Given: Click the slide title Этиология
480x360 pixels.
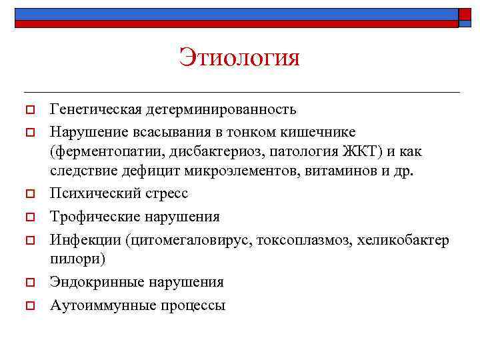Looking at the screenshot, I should pyautogui.click(x=239, y=58).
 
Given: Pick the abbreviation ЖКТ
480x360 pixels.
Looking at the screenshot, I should pyautogui.click(x=361, y=151).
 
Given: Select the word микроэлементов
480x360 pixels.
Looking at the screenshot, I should pyautogui.click(x=249, y=171).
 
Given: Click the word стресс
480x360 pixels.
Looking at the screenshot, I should pyautogui.click(x=164, y=193).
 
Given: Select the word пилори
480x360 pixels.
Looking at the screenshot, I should pyautogui.click(x=73, y=259).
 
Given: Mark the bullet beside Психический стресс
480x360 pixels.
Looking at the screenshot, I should pyautogui.click(x=29, y=194).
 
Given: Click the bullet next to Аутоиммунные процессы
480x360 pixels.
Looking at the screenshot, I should pyautogui.click(x=29, y=306).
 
